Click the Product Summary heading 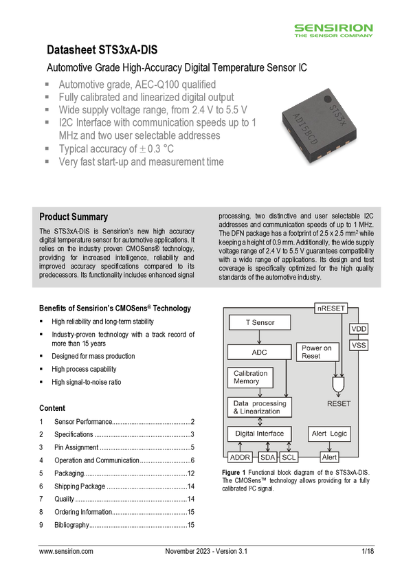[x=74, y=217]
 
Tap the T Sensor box [x=259, y=322]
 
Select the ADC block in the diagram [x=259, y=352]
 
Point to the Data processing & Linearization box [x=260, y=407]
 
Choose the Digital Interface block [x=259, y=434]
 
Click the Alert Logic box [x=330, y=434]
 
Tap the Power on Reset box [x=316, y=352]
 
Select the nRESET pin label [x=331, y=308]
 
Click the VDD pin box [x=359, y=329]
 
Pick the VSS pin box [x=359, y=346]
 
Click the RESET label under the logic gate [x=339, y=404]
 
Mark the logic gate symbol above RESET [x=339, y=382]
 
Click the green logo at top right [x=334, y=30]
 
